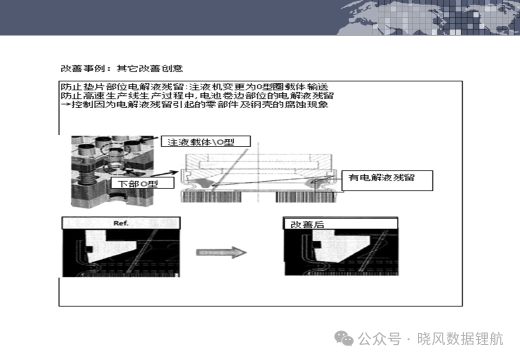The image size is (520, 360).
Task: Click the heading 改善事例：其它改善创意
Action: tap(121, 68)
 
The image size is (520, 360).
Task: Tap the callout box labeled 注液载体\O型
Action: tap(205, 141)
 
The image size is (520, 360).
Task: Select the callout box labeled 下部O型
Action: tap(142, 183)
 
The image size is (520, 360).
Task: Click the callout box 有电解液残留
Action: tap(387, 180)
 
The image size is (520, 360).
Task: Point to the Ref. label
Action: tap(120, 223)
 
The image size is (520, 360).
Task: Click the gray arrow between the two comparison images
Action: tap(221, 252)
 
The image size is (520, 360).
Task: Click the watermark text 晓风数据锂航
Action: tap(460, 339)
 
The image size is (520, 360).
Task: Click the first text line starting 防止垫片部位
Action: tap(194, 87)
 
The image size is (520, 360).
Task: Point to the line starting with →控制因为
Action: tap(194, 104)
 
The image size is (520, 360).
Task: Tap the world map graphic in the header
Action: tap(428, 17)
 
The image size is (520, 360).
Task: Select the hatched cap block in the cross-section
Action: tap(258, 164)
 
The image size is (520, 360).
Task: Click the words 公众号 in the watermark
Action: tap(379, 339)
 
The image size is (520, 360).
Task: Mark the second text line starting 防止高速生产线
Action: tap(197, 96)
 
